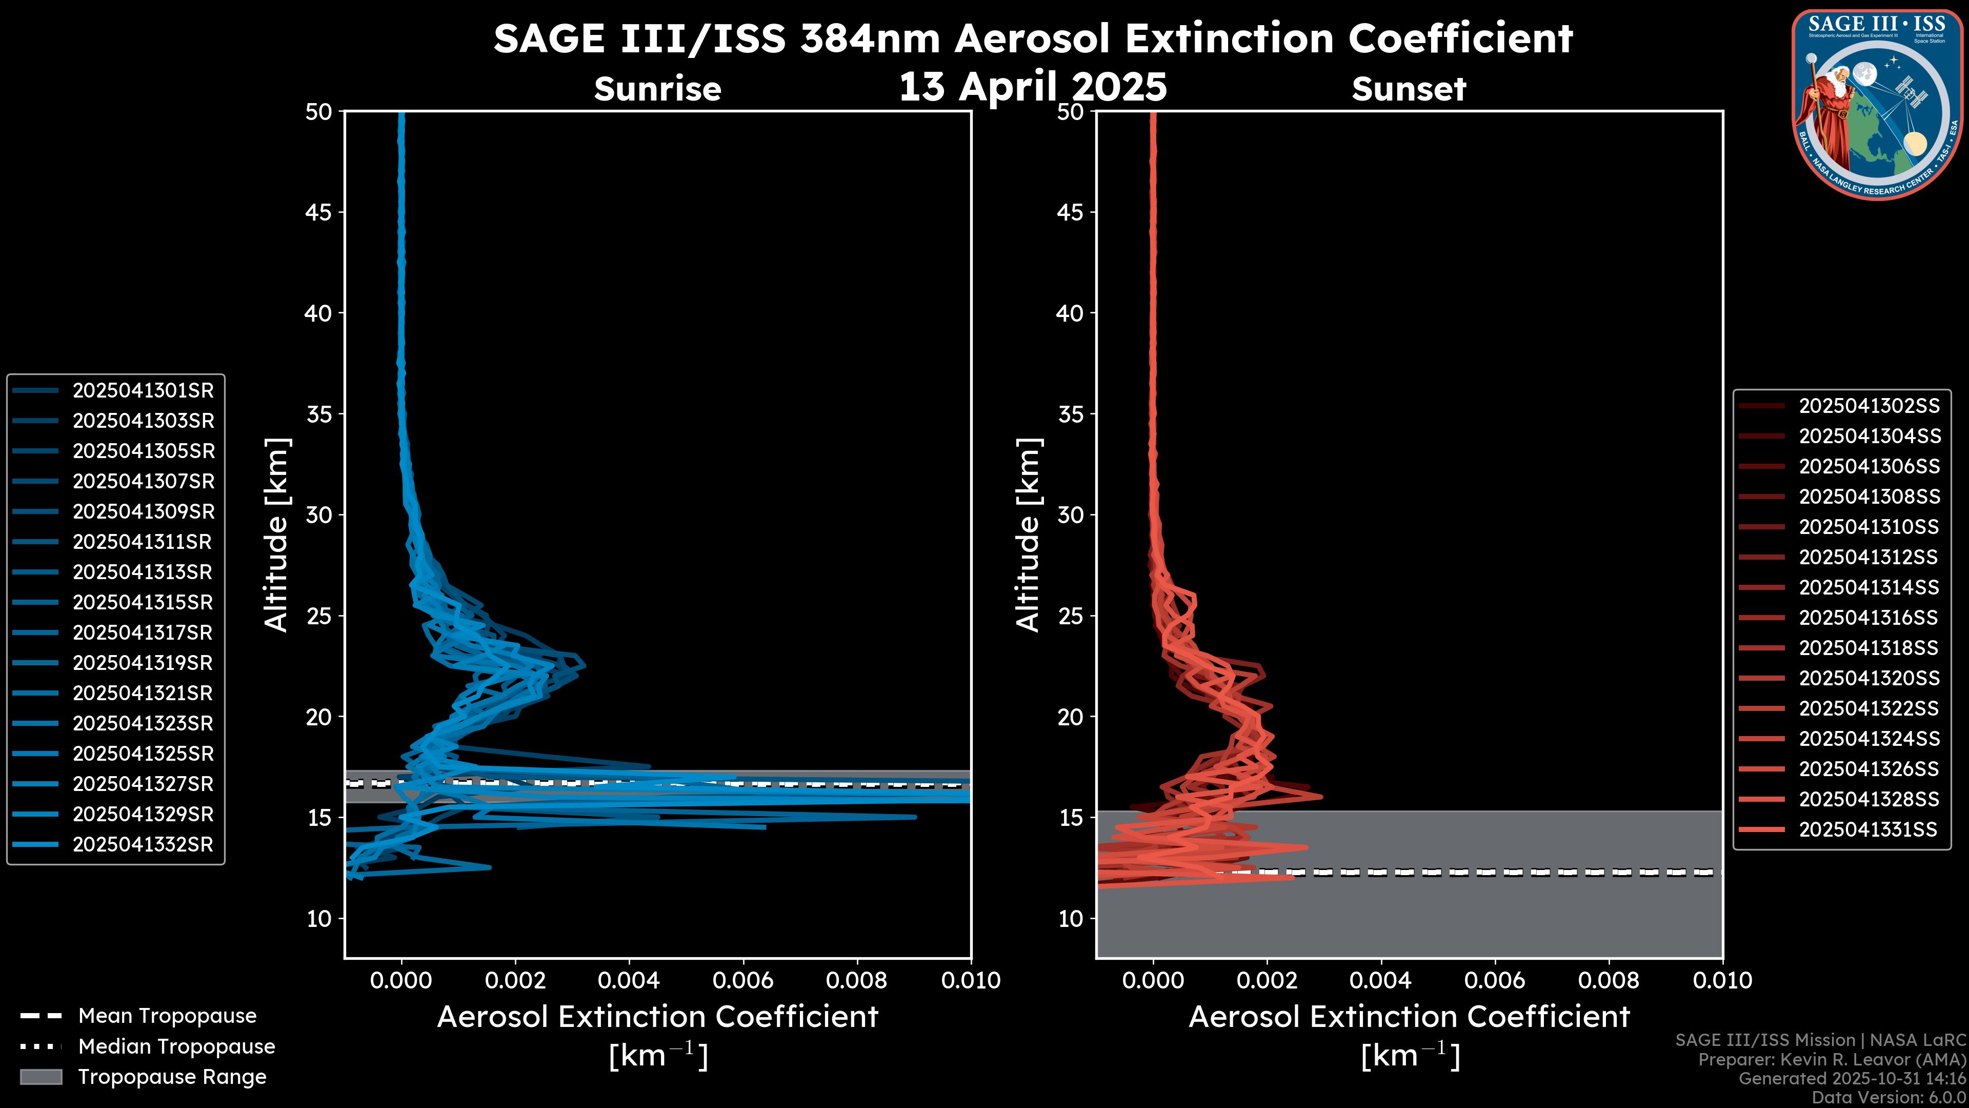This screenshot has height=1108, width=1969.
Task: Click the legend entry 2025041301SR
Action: point(143,391)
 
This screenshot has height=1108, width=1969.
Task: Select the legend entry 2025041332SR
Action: point(143,845)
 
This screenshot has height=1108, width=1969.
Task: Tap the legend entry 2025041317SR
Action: point(143,633)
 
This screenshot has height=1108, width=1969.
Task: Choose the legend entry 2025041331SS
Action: point(1867,829)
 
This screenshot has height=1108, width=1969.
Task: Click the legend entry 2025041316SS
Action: point(1868,618)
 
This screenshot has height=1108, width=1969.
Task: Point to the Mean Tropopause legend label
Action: point(167,1016)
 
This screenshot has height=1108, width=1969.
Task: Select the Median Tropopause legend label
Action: point(176,1047)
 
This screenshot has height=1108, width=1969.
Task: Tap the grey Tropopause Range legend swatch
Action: point(41,1077)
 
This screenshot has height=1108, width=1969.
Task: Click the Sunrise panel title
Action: point(657,89)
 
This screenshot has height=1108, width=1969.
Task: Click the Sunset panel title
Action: point(1409,89)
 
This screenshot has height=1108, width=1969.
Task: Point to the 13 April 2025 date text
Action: point(1033,86)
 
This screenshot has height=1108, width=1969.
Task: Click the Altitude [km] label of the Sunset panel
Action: point(1029,535)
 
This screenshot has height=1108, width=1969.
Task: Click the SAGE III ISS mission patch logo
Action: point(1877,105)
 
